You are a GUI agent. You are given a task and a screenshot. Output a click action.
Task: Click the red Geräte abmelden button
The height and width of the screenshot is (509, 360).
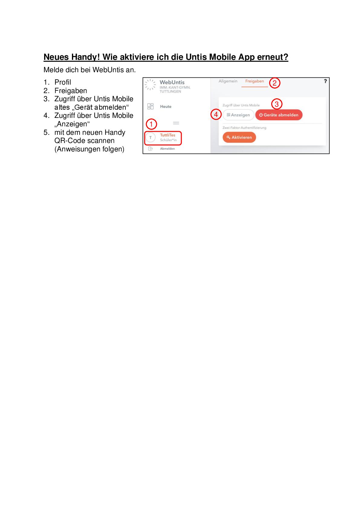click(279, 115)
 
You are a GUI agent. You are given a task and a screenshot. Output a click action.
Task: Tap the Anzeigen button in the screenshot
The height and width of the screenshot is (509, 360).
click(238, 115)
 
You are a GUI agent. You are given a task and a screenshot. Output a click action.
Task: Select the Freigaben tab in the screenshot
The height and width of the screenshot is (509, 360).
click(255, 81)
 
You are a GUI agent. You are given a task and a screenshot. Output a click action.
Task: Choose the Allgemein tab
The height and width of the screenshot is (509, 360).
click(228, 81)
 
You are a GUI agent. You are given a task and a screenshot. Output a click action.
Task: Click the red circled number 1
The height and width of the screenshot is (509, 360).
click(151, 124)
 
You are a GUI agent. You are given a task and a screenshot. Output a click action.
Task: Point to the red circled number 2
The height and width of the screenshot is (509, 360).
click(274, 83)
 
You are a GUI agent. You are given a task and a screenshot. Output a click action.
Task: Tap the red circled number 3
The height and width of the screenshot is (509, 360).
click(277, 104)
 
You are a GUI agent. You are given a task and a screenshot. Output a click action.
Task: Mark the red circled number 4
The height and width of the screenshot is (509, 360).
click(216, 115)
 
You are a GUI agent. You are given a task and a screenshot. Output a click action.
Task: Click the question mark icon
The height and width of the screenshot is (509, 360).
click(325, 81)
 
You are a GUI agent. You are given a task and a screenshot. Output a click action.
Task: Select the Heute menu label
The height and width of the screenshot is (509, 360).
click(166, 106)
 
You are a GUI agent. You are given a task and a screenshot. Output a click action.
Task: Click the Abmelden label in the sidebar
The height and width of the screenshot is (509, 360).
click(167, 149)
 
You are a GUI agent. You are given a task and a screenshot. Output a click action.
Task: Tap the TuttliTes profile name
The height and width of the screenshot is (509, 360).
click(168, 135)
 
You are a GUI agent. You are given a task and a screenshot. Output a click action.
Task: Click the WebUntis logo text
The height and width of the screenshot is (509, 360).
click(172, 82)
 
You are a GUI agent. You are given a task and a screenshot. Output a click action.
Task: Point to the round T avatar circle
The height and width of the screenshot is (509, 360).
click(151, 138)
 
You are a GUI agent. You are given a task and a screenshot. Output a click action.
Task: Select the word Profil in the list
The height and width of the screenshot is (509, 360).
click(63, 82)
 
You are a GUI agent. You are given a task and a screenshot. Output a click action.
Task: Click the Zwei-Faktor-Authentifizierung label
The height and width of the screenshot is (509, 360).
click(244, 128)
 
